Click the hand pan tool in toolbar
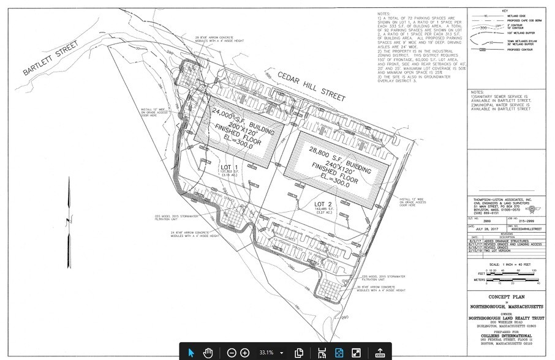pyautogui.click(x=208, y=352)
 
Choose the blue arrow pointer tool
pyautogui.click(x=191, y=352)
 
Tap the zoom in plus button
pyautogui.click(x=244, y=352)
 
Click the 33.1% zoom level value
pyautogui.click(x=266, y=353)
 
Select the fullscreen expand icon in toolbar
pyautogui.click(x=355, y=352)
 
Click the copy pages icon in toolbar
pyautogui.click(x=300, y=352)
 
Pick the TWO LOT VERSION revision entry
pyautogui.click(x=508, y=252)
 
